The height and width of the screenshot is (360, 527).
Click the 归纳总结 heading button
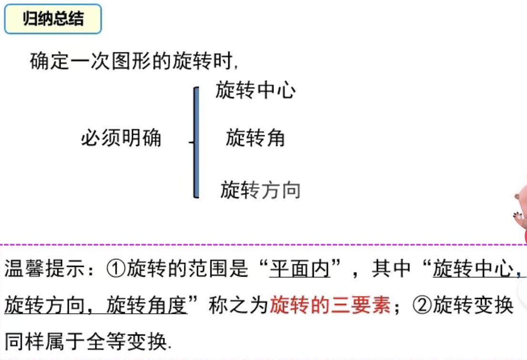[53, 19]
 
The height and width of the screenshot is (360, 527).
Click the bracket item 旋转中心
[255, 90]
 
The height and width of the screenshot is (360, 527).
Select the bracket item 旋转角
[255, 138]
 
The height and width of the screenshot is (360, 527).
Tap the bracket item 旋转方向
[260, 190]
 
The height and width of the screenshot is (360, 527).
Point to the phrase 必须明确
[121, 139]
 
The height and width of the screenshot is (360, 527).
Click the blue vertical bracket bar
[196, 142]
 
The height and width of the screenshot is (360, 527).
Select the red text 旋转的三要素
[330, 305]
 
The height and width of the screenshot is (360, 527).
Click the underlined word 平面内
[300, 269]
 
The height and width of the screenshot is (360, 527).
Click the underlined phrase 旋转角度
[146, 305]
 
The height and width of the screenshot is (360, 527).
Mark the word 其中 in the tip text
[391, 269]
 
